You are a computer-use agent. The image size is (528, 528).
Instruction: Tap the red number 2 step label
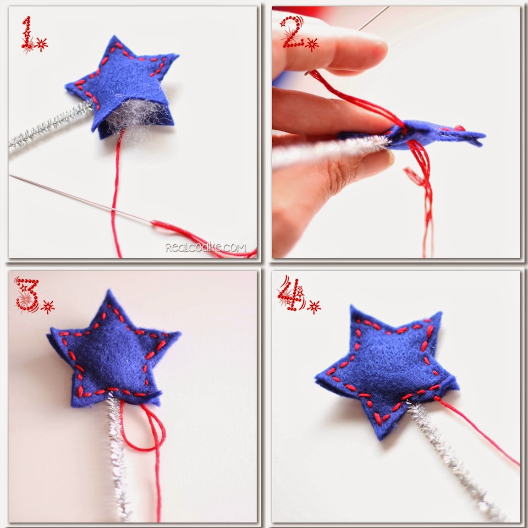coord(292,33)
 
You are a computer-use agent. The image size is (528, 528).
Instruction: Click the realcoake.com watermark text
coord(206,248)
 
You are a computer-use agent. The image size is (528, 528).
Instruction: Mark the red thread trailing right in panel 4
coord(477,431)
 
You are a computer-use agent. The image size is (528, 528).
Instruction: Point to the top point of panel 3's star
coord(109,290)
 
